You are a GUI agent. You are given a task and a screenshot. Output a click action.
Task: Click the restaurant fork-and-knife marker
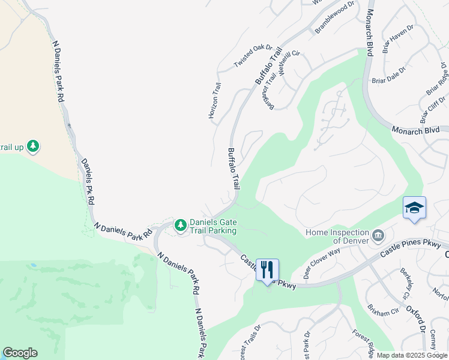[267, 269]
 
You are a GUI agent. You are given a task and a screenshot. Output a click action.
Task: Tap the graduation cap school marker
[414, 208]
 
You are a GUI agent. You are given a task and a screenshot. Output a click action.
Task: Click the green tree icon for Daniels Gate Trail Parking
[180, 226]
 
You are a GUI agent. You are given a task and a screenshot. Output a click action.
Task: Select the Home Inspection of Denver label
[337, 237]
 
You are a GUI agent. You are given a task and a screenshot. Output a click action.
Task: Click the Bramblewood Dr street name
[335, 17]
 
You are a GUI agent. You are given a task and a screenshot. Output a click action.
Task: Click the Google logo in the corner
[20, 353]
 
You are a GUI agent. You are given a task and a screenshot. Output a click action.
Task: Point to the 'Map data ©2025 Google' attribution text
[411, 355]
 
